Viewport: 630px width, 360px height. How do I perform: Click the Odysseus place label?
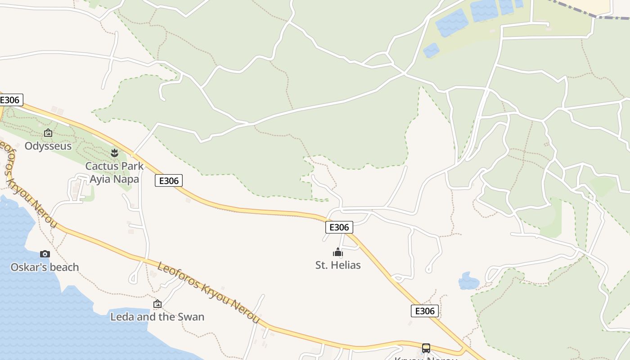48,146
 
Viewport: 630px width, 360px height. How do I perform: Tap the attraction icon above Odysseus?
48,133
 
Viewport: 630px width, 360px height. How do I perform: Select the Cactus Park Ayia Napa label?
114,172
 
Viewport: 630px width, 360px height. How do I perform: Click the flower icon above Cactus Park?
115,153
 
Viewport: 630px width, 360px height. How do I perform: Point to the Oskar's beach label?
45,267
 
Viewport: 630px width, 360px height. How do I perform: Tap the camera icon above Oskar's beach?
45,254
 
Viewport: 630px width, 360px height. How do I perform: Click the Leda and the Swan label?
157,317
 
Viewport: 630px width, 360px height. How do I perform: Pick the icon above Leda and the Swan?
157,304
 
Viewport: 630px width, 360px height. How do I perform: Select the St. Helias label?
338,265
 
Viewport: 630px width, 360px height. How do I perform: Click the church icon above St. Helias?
338,252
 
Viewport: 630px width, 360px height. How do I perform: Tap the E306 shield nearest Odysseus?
10,100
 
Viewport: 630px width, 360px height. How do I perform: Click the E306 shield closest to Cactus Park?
169,181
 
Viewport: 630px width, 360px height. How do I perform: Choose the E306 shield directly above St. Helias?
339,227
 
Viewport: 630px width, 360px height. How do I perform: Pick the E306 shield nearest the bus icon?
424,311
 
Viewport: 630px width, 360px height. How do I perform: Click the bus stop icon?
426,348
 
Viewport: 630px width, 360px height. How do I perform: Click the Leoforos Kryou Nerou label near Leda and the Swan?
208,292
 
